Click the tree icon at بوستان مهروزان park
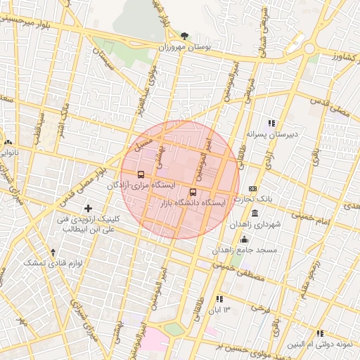coord(185,34)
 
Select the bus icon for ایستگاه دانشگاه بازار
coord(193,192)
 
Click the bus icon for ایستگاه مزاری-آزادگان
coord(141,174)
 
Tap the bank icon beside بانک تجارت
coord(253,189)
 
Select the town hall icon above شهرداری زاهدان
coord(254,213)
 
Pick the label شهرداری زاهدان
coord(259,224)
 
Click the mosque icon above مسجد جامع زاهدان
coord(244,239)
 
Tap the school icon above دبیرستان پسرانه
coord(272,124)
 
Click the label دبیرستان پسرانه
coord(272,134)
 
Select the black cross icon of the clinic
coord(88,208)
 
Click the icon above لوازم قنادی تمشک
coord(53,252)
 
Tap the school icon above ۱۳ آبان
coord(220,299)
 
